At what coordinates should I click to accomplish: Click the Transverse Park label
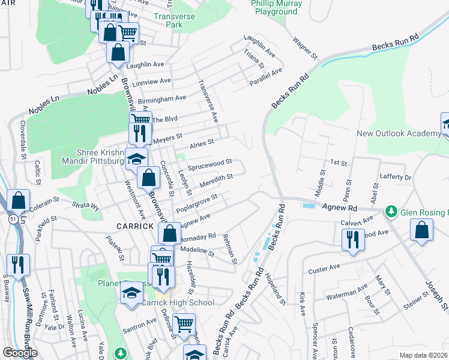click(174, 21)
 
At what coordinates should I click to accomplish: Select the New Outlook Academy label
click(399, 133)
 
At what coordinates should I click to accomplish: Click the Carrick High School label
click(177, 302)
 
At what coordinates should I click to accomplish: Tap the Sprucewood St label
click(209, 163)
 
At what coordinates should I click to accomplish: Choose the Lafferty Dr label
click(396, 178)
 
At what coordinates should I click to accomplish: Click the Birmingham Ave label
click(162, 98)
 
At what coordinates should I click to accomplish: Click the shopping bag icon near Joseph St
click(422, 230)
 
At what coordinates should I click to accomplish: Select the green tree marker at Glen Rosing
click(391, 212)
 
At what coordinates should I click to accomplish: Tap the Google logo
click(20, 353)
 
